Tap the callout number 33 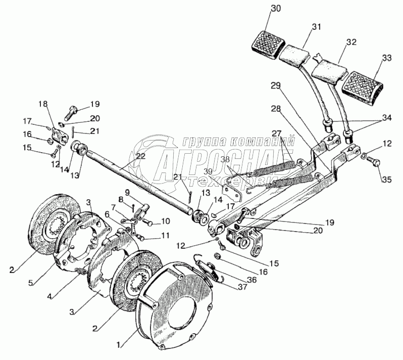pos(386,58)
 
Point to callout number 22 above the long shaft pos(140,156)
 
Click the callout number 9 pos(127,192)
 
